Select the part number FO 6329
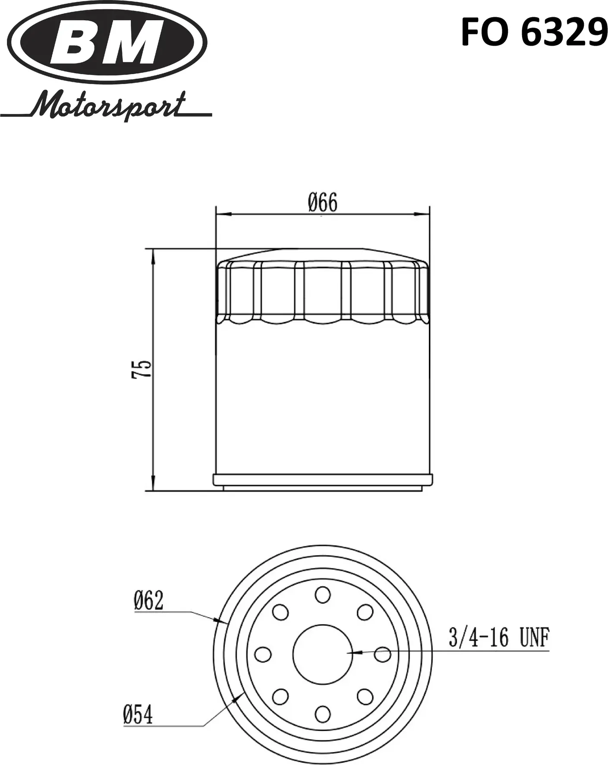coord(534,33)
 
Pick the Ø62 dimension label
coord(149,600)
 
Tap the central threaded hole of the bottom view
coord(323,654)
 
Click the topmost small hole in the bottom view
coord(323,595)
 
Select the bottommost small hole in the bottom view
coord(323,714)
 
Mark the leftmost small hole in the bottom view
coord(263,654)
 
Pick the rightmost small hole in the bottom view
coord(382,654)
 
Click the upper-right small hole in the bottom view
coord(365,612)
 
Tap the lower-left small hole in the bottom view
coord(280,696)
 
